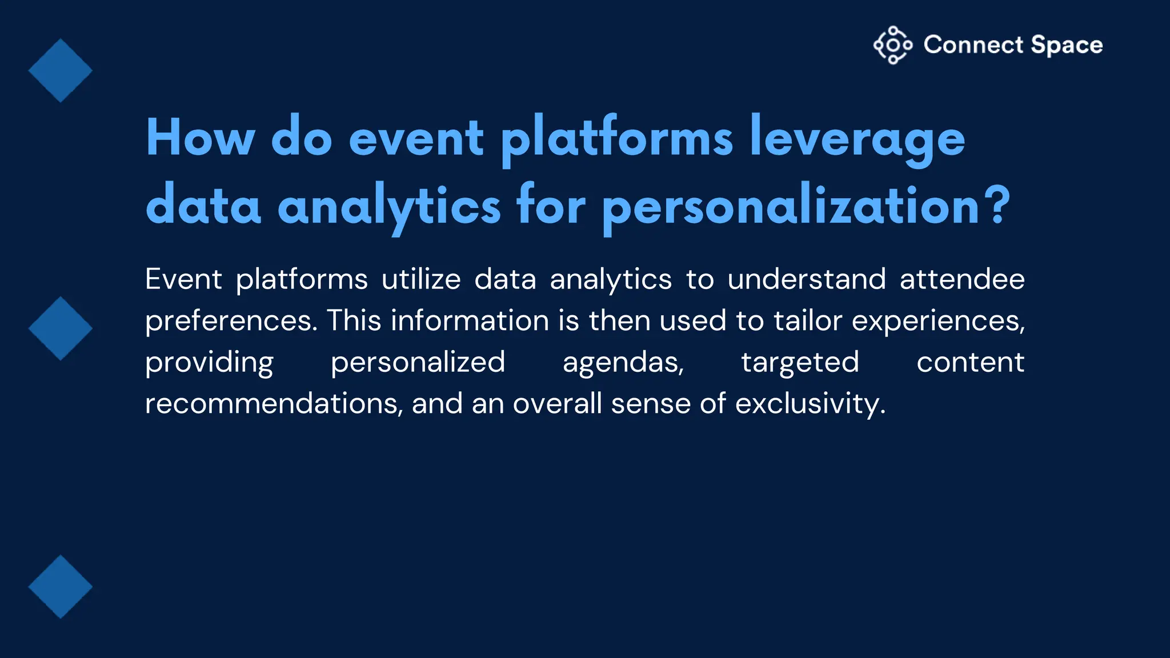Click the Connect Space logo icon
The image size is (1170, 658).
pos(892,45)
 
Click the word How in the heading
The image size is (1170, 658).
pos(200,138)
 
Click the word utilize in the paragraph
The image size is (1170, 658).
pos(421,280)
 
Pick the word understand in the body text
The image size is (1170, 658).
pos(806,280)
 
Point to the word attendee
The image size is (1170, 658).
pos(962,280)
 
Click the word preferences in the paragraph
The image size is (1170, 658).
pos(231,321)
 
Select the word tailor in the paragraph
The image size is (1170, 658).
pos(808,320)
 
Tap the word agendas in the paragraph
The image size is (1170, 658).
pos(623,363)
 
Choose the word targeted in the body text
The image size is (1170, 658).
pos(800,363)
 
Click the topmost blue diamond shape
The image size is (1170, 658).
pos(61,71)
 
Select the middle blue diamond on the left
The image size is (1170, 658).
pos(61,328)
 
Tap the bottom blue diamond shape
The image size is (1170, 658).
pos(61,587)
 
